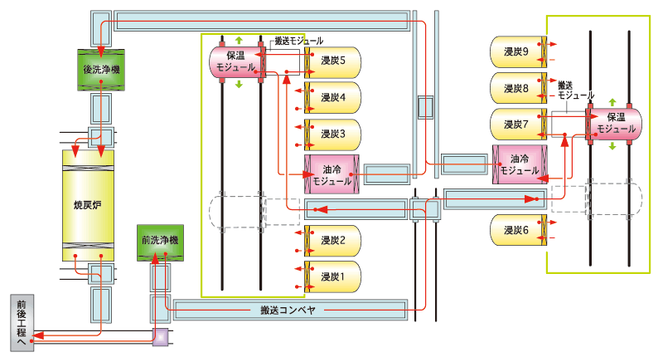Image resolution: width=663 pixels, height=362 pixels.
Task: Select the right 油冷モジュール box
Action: (519, 164)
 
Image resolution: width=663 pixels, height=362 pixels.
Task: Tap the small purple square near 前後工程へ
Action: (160, 335)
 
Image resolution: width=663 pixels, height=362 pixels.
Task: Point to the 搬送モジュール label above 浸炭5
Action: (298, 39)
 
